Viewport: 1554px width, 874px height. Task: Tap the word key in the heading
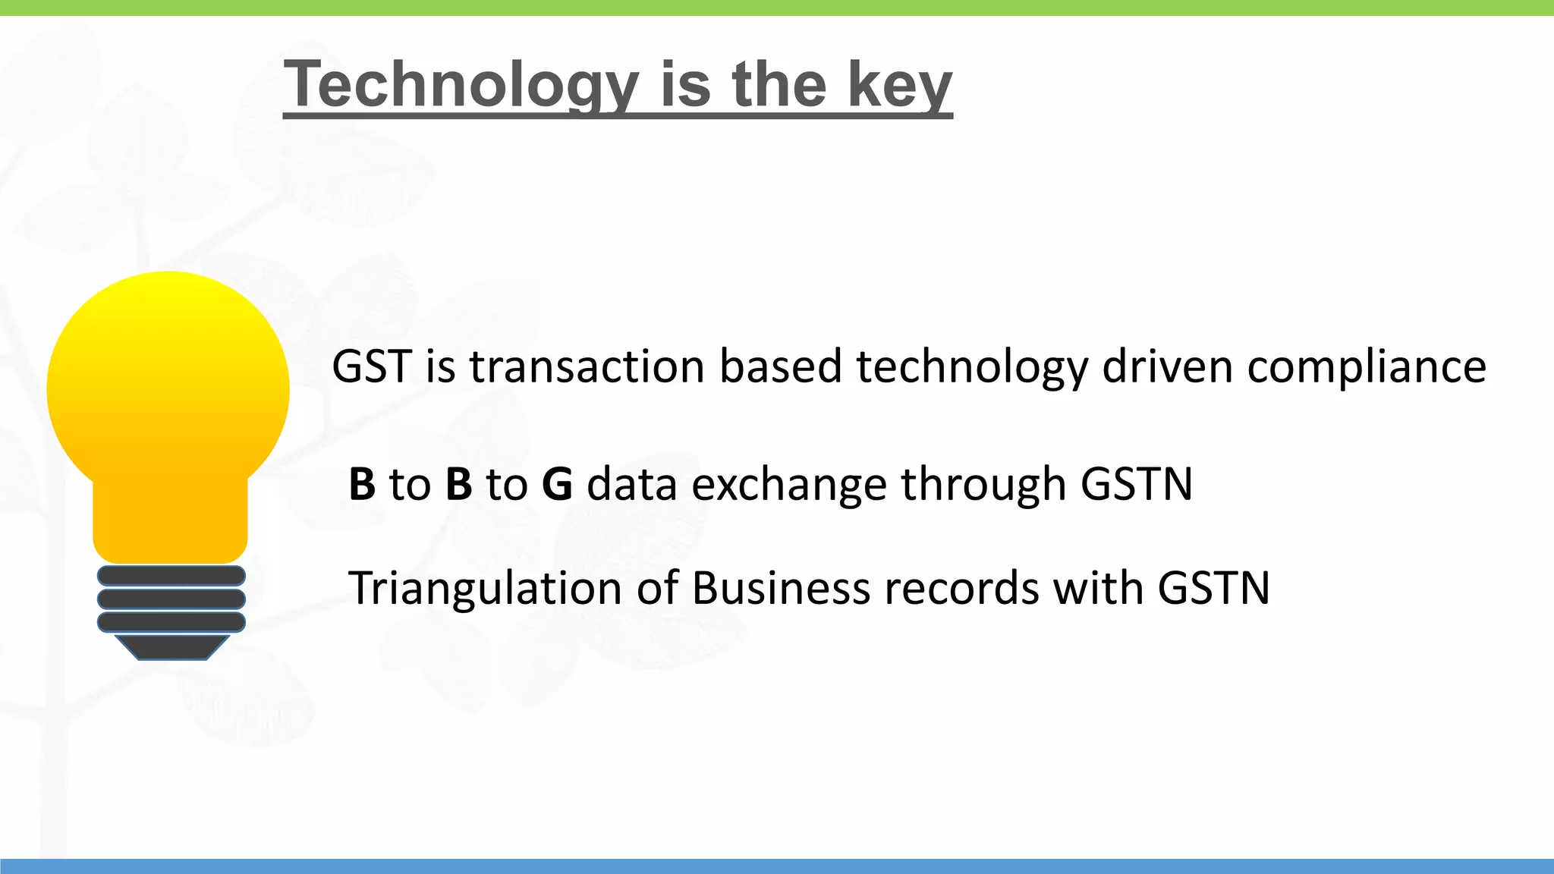pos(899,85)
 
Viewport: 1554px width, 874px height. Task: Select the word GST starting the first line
pos(371,366)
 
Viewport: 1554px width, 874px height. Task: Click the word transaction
pos(587,366)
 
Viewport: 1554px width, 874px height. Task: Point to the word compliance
pos(1366,368)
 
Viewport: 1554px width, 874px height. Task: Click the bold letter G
pos(557,484)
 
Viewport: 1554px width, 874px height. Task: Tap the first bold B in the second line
pos(362,484)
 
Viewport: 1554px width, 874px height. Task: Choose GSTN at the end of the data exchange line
pos(1136,484)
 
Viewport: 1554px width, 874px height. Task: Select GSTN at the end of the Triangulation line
pos(1213,588)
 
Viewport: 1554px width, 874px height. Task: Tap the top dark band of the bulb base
pos(171,576)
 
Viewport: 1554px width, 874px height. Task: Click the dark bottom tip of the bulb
pos(171,647)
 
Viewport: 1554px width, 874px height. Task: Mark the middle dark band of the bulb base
pos(171,599)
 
